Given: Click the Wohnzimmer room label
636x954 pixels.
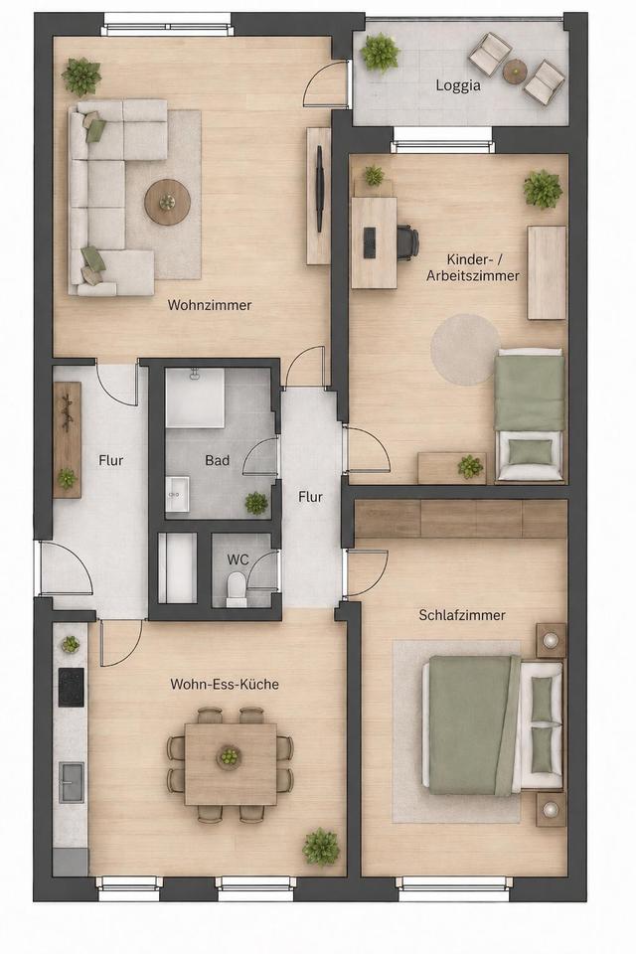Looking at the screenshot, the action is [x=210, y=305].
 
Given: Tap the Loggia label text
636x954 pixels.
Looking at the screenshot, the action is [x=458, y=85].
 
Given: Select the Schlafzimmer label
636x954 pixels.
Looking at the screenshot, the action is [x=462, y=615].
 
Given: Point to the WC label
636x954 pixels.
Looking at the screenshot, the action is [x=238, y=559].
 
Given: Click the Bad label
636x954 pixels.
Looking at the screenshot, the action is [x=218, y=460].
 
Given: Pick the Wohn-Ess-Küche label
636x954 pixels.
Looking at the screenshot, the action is [x=225, y=684].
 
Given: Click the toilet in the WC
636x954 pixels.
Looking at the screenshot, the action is [x=237, y=590].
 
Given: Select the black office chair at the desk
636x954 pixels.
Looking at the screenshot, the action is [x=407, y=239].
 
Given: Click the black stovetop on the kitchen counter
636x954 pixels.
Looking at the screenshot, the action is [x=72, y=688].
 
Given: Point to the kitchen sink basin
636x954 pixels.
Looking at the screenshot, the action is [x=72, y=782].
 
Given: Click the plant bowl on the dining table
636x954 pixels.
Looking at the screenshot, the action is [x=229, y=757].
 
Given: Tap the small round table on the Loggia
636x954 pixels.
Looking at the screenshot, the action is [x=515, y=72].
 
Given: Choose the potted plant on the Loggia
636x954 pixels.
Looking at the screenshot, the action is [x=380, y=54].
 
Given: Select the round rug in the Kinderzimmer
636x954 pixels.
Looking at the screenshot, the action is [x=466, y=350].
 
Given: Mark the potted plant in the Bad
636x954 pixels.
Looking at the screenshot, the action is [x=256, y=503].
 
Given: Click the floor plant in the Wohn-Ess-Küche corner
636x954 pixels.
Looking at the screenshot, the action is [x=321, y=846].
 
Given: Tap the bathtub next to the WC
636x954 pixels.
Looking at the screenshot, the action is [x=177, y=567].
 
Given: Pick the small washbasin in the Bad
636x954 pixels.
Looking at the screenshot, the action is [x=177, y=493].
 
